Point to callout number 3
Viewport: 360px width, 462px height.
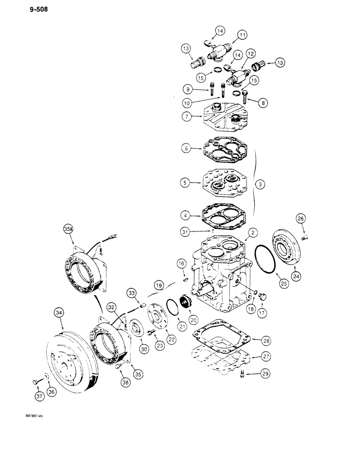pyautogui.click(x=262, y=184)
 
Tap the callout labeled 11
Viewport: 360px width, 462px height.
pyautogui.click(x=242, y=35)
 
